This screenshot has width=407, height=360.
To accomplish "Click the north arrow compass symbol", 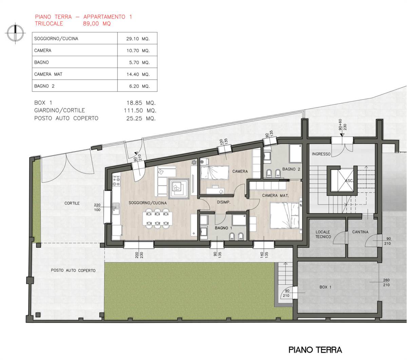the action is [x=15, y=33].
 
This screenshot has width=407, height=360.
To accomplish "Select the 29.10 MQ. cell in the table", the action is [x=138, y=39].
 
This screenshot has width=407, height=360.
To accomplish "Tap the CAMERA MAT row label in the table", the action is [x=48, y=74].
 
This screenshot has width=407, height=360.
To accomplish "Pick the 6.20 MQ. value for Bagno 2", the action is [x=139, y=86].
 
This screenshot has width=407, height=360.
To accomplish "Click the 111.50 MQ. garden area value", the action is [x=140, y=110].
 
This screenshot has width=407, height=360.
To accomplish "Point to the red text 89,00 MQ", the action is [x=97, y=24].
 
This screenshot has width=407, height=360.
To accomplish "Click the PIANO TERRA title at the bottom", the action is [x=315, y=349].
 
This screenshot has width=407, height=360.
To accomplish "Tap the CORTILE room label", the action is [x=72, y=203].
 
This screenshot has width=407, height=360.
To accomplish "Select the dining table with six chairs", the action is [x=157, y=218].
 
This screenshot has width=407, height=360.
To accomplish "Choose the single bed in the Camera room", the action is [x=215, y=172].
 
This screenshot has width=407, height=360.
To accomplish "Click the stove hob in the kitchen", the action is [x=117, y=181].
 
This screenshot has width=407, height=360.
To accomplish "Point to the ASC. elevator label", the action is [x=349, y=181].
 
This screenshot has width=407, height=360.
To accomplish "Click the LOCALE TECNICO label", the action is [x=323, y=234].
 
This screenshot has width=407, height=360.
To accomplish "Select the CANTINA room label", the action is [x=360, y=232].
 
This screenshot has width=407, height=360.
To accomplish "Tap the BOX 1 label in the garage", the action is [x=325, y=287].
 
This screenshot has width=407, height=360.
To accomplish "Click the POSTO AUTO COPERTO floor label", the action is [x=73, y=270].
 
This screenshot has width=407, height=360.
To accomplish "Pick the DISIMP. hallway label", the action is [x=224, y=202].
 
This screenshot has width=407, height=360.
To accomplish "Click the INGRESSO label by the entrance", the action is [x=321, y=154].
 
